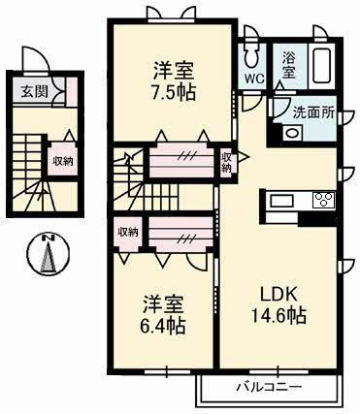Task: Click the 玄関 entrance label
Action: [24, 94]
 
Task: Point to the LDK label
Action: [275, 293]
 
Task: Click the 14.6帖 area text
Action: [276, 316]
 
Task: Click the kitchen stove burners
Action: [321, 201]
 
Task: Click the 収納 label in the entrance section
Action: [62, 159]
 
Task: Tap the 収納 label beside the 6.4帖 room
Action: [127, 232]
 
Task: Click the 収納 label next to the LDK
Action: [227, 161]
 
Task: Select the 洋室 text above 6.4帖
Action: [161, 300]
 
